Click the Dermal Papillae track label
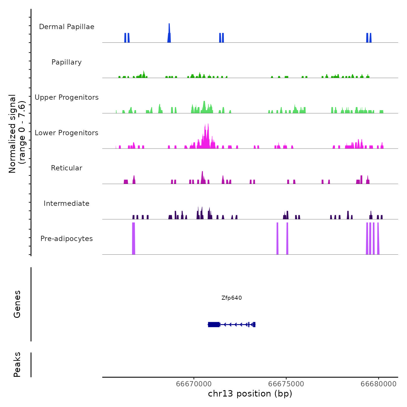(x=67, y=27)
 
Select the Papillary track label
(x=67, y=62)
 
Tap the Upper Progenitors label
(x=67, y=97)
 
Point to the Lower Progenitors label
(x=67, y=133)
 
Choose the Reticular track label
(x=67, y=168)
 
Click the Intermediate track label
(x=67, y=203)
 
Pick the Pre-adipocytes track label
(x=67, y=239)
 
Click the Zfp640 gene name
(x=231, y=298)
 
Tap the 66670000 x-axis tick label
(x=194, y=384)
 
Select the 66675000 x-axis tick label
(x=286, y=384)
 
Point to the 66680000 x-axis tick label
(x=379, y=384)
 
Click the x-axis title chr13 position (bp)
(x=250, y=394)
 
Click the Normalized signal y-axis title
(x=17, y=134)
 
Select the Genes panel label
(x=17, y=304)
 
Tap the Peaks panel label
(x=17, y=365)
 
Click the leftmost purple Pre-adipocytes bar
(x=133, y=238)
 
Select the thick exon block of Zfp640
(x=214, y=324)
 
